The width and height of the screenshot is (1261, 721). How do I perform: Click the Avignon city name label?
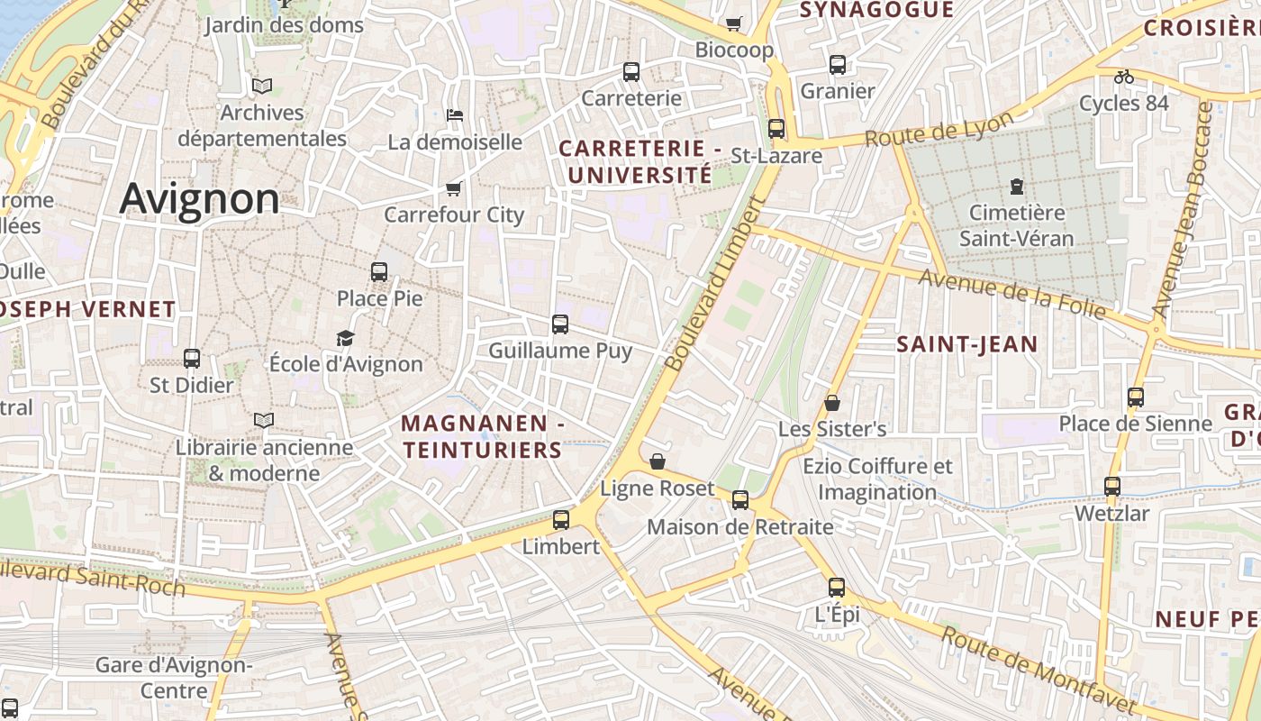coord(199,198)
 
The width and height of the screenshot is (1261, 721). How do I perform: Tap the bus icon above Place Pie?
coord(379,271)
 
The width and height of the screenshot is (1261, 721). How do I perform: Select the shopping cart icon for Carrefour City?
coord(454,188)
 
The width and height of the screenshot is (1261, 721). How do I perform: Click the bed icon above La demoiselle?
coord(455,115)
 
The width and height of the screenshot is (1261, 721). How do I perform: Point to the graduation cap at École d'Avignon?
coord(345,338)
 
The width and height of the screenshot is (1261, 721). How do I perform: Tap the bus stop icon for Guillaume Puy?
coord(560,324)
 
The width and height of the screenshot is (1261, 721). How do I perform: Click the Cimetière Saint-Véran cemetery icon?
coord(1017,187)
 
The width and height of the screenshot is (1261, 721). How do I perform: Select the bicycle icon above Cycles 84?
coord(1124,77)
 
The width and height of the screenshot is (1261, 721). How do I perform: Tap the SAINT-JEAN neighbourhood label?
coord(967,343)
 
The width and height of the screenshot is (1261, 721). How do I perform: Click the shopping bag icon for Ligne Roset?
coord(658,461)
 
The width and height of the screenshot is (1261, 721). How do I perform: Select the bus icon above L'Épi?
coord(837,589)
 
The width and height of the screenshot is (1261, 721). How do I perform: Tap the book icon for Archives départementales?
coord(262,86)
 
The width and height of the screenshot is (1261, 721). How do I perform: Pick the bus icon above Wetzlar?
coord(1112,487)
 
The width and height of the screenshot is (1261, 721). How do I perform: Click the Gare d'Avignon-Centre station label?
coord(174,678)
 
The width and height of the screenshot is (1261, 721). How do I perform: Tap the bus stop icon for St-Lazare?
coord(776,129)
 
